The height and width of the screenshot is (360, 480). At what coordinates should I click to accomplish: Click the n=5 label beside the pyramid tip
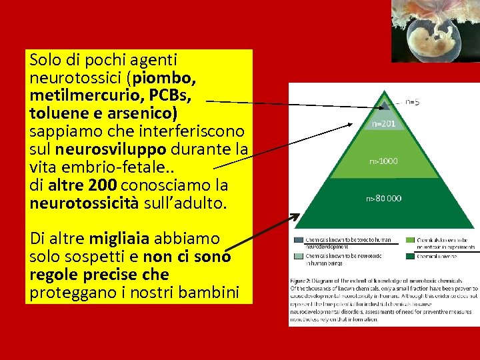[413, 102]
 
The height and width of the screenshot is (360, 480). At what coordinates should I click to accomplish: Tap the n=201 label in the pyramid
[383, 124]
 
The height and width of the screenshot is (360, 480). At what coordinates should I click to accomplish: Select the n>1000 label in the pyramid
[383, 161]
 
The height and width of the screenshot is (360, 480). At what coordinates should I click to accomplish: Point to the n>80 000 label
[383, 198]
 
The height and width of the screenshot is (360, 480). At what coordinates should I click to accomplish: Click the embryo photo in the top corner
[433, 30]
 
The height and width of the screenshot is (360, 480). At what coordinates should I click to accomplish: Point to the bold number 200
[102, 182]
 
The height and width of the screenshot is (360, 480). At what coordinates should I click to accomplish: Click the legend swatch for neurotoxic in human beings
[298, 256]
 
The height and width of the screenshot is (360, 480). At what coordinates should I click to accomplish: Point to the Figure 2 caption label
[304, 279]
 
